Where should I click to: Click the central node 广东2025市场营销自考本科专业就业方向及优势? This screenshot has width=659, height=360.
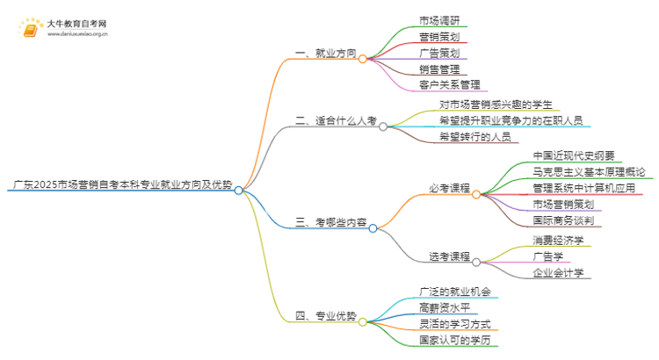[x=122, y=186]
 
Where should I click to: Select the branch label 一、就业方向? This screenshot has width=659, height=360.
[x=325, y=54]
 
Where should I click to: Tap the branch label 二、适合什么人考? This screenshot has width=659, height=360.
[x=335, y=122]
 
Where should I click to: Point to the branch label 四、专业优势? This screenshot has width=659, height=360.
[x=325, y=316]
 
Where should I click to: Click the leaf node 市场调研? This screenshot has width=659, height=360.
[x=438, y=19]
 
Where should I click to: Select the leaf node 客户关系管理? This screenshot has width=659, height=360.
[x=450, y=85]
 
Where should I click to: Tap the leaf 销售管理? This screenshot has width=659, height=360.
[x=438, y=68]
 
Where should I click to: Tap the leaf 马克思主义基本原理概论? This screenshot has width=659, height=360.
[x=590, y=172]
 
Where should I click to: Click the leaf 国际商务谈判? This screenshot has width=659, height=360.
[x=568, y=221]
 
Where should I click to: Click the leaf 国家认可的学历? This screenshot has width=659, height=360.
[x=454, y=340]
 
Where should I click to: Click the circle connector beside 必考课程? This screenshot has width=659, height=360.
[x=476, y=194]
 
